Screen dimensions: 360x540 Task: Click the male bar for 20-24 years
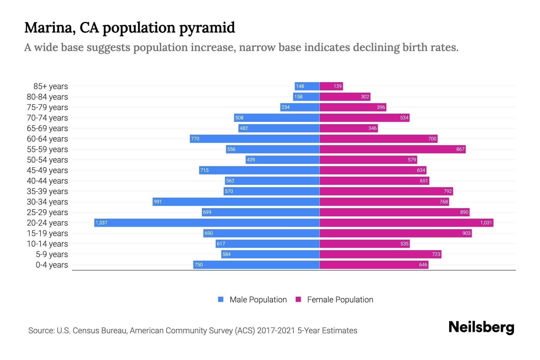(x=207, y=223)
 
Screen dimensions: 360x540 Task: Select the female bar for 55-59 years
(x=392, y=149)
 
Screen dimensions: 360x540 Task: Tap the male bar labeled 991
(x=236, y=202)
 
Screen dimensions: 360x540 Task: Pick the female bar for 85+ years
(x=331, y=86)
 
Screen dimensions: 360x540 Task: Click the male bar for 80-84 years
(x=306, y=97)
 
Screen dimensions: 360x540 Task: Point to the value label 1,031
(x=486, y=223)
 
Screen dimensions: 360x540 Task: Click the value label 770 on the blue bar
(x=195, y=139)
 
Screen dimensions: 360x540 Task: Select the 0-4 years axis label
(x=52, y=265)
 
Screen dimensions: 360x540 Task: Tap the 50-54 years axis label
(x=47, y=160)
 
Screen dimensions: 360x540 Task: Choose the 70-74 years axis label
(x=47, y=118)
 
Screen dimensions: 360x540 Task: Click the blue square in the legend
(x=221, y=299)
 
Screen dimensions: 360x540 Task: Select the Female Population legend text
(x=340, y=300)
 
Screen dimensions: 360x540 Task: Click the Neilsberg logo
(x=481, y=327)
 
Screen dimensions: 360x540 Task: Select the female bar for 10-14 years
(x=364, y=244)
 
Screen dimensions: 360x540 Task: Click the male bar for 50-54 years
(x=283, y=160)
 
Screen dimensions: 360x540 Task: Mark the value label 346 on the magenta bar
(x=372, y=128)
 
